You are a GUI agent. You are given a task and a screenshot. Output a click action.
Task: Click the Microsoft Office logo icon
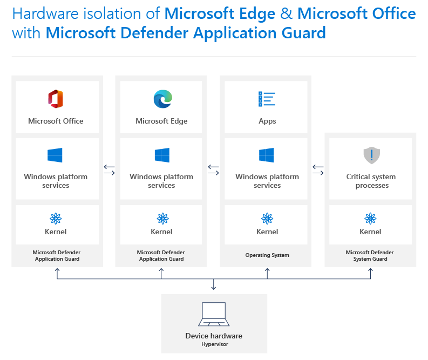click(56, 99)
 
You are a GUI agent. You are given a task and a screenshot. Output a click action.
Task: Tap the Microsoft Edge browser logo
click(162, 99)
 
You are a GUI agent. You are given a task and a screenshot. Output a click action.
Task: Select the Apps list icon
click(267, 99)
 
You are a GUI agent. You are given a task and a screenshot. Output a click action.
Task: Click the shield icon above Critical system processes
click(371, 155)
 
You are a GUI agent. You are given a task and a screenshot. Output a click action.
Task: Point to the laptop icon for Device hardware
click(214, 315)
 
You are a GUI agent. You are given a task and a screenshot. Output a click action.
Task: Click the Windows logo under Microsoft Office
click(55, 155)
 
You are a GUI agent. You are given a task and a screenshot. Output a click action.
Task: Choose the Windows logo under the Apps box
click(267, 155)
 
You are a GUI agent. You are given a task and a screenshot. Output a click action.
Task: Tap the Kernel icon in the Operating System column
click(267, 218)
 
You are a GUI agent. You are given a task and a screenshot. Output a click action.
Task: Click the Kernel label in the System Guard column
click(370, 232)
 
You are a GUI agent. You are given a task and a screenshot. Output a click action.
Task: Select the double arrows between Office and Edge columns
click(110, 170)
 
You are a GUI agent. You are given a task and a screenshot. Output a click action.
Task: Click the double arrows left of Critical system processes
click(318, 170)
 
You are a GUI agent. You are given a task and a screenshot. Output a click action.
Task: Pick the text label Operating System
click(267, 255)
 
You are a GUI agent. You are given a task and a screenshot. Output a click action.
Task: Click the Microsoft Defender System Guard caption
click(370, 256)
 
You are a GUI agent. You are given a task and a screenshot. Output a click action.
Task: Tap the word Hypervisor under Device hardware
click(214, 344)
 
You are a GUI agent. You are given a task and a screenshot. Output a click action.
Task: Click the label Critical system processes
click(371, 181)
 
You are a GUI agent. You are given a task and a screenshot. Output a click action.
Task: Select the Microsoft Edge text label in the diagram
click(161, 121)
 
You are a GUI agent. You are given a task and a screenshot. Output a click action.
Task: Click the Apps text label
click(267, 121)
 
